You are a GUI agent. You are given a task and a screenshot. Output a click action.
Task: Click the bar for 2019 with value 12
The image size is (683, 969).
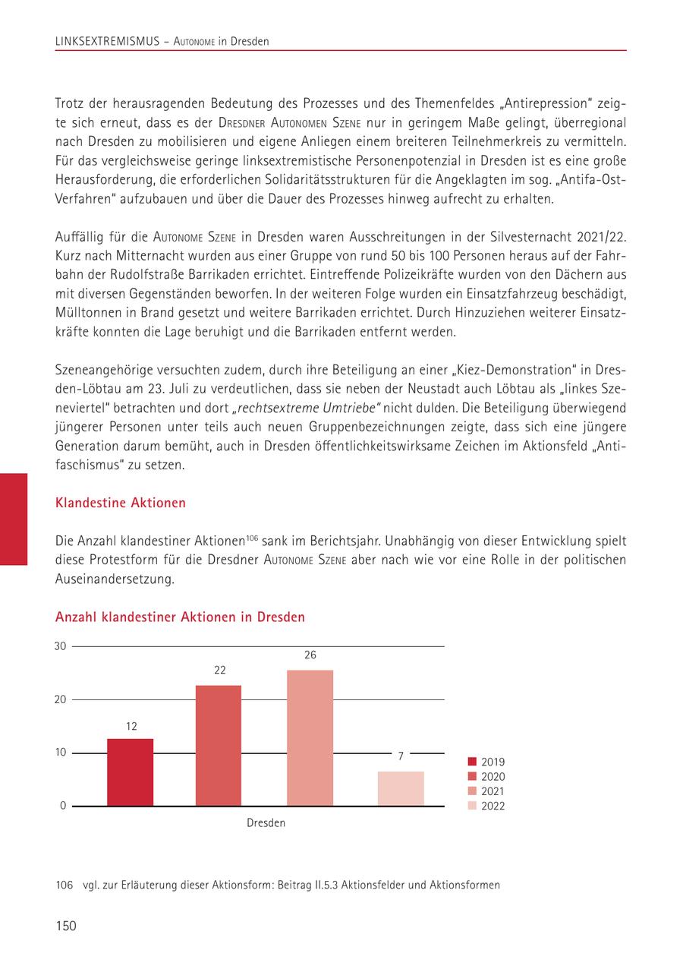click(130, 772)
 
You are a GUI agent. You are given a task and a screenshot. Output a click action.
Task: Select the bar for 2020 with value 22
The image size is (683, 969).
click(219, 745)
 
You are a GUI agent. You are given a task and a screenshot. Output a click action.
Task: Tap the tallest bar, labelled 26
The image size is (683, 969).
click(310, 737)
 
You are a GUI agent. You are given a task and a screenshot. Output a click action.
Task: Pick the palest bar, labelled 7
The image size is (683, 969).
click(401, 788)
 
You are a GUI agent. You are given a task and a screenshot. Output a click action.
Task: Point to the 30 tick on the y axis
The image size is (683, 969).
click(61, 646)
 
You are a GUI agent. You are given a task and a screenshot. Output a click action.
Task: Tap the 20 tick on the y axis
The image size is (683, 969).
click(61, 699)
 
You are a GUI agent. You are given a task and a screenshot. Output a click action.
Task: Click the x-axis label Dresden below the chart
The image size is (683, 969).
click(266, 823)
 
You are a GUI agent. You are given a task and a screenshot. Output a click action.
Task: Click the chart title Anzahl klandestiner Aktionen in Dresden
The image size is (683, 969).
click(180, 617)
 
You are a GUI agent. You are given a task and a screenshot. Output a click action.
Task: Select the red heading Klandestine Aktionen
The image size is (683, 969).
click(121, 503)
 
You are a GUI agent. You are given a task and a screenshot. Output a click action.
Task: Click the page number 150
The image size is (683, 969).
click(66, 926)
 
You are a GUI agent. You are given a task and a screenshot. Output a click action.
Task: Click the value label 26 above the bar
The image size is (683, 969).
click(310, 654)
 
